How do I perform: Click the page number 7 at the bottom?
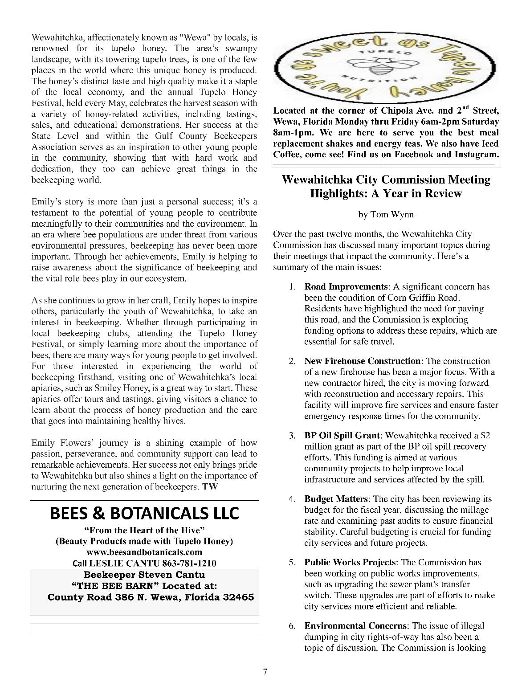(x=265, y=672)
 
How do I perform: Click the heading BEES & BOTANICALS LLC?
(x=145, y=514)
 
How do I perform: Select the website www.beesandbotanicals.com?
(x=144, y=552)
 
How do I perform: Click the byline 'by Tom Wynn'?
(x=386, y=215)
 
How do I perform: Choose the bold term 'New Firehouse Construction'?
(x=362, y=361)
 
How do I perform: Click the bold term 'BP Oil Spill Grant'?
(x=342, y=435)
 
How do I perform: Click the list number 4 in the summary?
(x=292, y=499)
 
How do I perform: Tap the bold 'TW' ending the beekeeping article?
(x=210, y=487)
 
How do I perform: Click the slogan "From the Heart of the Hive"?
(x=144, y=530)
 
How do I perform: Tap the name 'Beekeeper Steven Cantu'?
(x=144, y=575)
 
